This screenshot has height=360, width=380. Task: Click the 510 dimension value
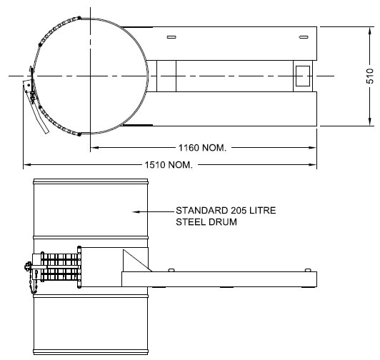pos(370,76)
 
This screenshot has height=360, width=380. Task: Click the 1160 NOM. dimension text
pos(202,148)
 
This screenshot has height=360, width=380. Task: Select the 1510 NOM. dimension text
pos(169,165)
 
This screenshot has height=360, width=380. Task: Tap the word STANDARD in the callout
pos(202,211)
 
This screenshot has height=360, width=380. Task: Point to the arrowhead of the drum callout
pos(136,211)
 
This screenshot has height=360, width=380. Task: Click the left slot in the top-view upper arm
pos(171,37)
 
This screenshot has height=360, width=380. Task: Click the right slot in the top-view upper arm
pos(304,37)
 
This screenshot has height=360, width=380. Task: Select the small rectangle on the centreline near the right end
pos(303,76)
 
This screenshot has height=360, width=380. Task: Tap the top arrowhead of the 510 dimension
pos(370,31)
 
